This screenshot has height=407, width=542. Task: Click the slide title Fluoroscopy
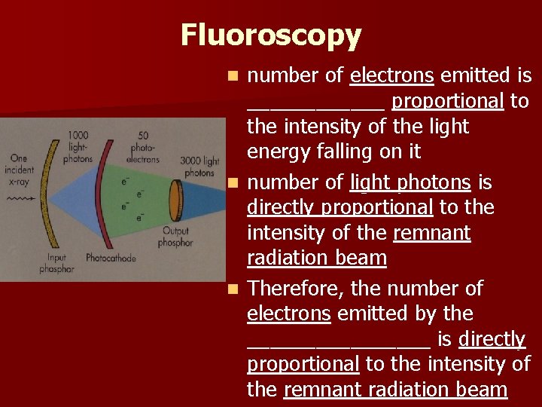coord(271,35)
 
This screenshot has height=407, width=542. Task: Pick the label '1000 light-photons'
coord(79,147)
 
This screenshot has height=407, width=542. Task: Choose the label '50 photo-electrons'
coord(142,148)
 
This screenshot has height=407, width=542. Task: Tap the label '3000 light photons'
coord(199,167)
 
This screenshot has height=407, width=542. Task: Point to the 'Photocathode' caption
coord(111,258)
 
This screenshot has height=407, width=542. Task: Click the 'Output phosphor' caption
coord(175,237)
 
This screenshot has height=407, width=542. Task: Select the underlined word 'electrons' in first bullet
coord(391,76)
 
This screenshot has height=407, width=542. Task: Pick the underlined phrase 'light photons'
coord(410,182)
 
